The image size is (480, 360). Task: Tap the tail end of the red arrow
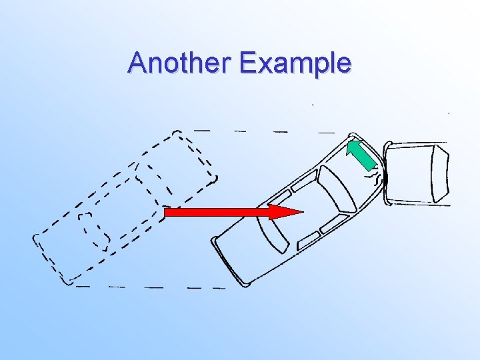coord(168,212)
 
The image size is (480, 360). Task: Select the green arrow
coord(364,155)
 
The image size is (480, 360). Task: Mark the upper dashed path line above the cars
coord(267,131)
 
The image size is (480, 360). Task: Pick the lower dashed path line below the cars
coord(153,287)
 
